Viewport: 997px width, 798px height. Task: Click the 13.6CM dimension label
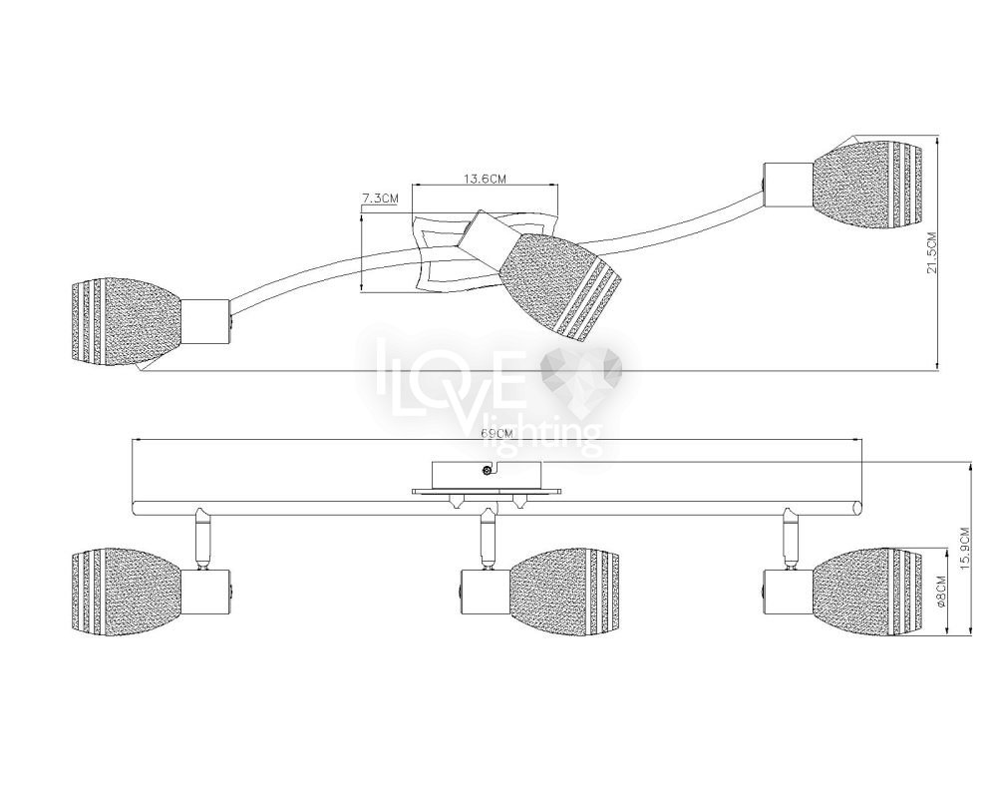[x=484, y=179]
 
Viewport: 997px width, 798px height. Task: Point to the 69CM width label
[x=497, y=433]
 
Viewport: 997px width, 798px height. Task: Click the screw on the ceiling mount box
[x=487, y=470]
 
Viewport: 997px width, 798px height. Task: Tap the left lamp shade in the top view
[x=126, y=321]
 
